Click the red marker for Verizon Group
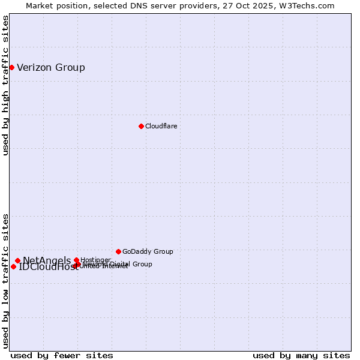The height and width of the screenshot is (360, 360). point(11,67)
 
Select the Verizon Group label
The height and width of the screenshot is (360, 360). point(51,67)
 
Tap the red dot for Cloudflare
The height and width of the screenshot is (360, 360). point(141,126)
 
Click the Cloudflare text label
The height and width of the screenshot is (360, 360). point(161,126)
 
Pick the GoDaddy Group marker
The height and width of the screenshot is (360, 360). point(118,251)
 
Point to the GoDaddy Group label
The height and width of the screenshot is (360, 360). point(148,251)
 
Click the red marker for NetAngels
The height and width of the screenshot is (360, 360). point(17,260)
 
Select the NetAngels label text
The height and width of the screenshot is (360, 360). point(47,260)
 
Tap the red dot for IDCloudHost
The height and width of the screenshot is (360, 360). point(13,266)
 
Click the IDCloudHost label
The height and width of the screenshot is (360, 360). point(48,267)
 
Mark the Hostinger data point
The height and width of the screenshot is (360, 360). point(76,260)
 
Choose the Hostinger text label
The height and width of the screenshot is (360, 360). point(95,260)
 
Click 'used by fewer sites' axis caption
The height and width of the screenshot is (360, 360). point(62,355)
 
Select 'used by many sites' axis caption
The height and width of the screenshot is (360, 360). point(301,355)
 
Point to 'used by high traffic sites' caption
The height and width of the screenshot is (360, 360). point(5,85)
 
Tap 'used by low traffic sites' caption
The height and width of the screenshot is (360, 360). point(5,280)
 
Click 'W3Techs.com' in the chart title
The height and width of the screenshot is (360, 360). point(310,5)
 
